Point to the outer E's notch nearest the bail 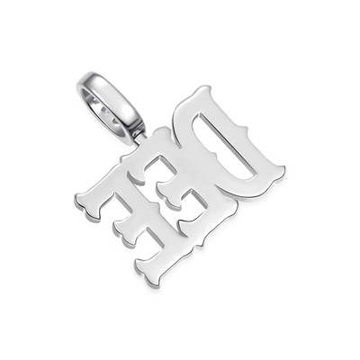coord(124,206)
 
